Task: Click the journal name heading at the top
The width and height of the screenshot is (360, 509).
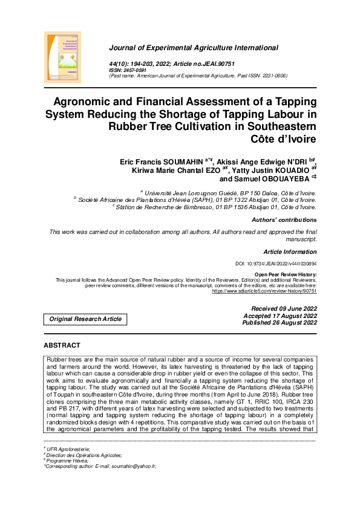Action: coord(194,48)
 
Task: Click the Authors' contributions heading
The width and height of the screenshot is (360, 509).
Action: coord(284,220)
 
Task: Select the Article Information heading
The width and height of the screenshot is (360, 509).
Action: coord(290,251)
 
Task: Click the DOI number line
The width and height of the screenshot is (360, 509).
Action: coord(275,264)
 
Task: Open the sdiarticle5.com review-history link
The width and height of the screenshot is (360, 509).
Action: coord(264,291)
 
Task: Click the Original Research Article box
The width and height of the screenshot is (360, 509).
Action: coord(85,319)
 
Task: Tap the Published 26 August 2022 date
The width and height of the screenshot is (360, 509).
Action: coord(279,323)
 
